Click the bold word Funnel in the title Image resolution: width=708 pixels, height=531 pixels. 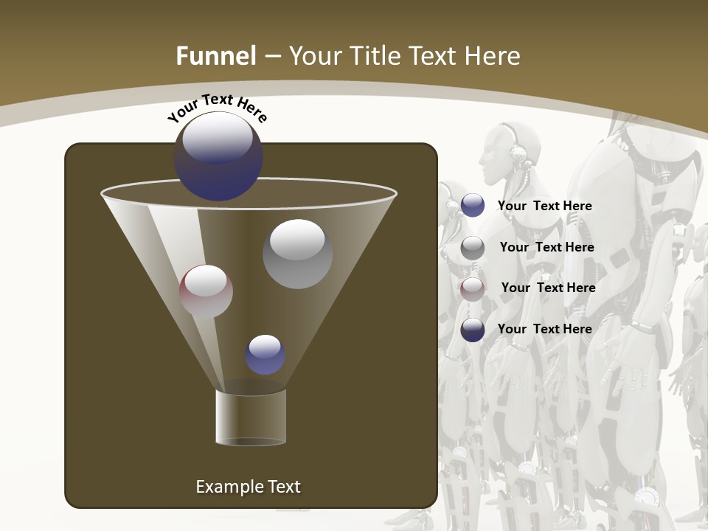click(x=216, y=56)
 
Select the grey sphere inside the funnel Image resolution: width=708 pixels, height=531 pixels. click(x=297, y=254)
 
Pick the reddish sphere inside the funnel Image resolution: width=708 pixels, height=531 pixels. click(x=206, y=291)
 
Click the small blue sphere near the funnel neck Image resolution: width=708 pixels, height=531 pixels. click(x=265, y=355)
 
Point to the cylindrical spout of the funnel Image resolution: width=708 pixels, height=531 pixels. click(x=251, y=417)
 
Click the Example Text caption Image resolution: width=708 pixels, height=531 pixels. click(x=249, y=487)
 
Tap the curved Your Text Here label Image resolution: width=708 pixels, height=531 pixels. click(x=217, y=108)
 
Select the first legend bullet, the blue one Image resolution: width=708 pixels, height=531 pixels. click(x=473, y=206)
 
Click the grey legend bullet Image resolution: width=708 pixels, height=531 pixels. click(x=473, y=247)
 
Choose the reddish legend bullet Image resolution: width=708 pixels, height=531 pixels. click(x=473, y=288)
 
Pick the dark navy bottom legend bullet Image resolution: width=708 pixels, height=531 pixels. click(x=473, y=330)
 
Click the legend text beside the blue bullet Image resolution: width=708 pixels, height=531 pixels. click(x=545, y=206)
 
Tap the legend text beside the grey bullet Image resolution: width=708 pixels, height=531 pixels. click(x=546, y=248)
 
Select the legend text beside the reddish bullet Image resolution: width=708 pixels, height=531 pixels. click(x=548, y=288)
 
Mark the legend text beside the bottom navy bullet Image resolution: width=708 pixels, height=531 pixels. click(x=545, y=329)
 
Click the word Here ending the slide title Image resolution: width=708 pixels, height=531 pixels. click(x=494, y=56)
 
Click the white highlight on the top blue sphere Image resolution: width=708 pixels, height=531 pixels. click(x=218, y=139)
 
